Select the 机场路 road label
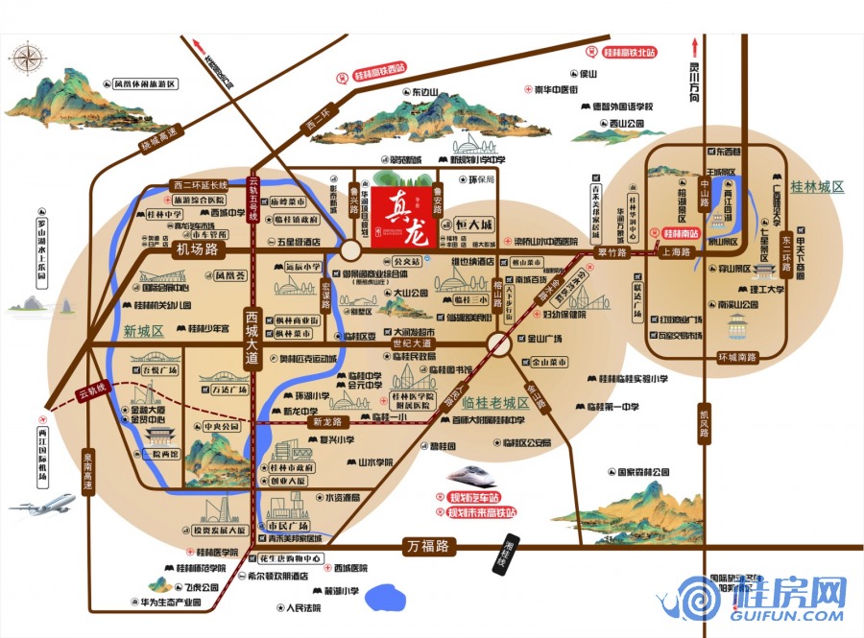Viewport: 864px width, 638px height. click(198, 250)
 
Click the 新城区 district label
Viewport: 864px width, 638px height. click(143, 330)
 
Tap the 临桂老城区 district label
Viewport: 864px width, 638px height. click(495, 404)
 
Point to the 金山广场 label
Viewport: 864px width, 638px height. click(548, 339)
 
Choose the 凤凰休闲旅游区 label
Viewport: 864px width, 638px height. click(145, 84)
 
